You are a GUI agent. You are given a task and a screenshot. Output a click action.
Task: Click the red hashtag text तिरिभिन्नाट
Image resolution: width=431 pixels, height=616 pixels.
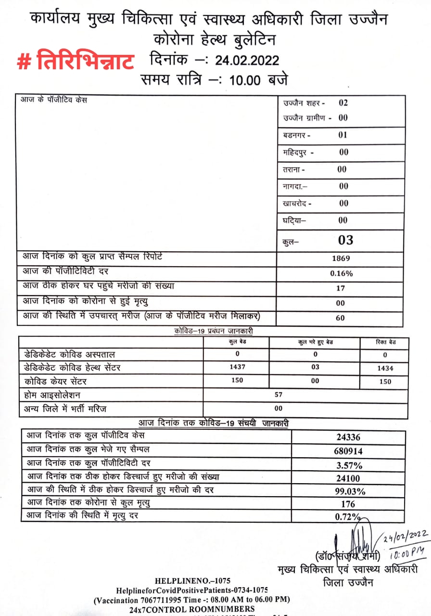[76, 62]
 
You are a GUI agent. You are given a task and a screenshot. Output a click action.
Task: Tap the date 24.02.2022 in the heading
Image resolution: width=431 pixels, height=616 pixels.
[247, 60]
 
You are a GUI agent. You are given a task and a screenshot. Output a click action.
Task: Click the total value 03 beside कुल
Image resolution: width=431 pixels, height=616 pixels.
[345, 239]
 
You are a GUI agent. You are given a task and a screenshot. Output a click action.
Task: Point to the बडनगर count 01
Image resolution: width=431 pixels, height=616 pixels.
[342, 135]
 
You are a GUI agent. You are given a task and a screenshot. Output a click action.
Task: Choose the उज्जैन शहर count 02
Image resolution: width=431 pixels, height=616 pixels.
[343, 103]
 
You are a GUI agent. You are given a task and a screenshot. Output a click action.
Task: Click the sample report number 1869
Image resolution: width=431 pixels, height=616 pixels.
[341, 258]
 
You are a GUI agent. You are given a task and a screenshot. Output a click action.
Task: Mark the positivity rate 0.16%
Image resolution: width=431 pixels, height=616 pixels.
[341, 273]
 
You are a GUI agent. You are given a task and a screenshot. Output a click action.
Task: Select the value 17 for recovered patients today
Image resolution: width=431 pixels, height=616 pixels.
[341, 288]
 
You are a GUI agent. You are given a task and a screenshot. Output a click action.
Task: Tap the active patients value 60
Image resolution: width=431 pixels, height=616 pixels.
[341, 318]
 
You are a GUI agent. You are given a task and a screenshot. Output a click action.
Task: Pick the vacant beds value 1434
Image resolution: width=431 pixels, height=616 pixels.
[385, 368]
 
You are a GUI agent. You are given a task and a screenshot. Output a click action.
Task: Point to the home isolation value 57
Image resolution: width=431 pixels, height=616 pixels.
[279, 395]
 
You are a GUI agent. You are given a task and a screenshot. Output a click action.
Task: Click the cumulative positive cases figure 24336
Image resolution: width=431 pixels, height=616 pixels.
[348, 437]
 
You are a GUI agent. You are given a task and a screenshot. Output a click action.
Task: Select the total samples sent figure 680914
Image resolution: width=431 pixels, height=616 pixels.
[348, 451]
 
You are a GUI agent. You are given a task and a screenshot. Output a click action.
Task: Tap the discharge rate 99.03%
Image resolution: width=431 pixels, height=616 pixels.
[348, 491]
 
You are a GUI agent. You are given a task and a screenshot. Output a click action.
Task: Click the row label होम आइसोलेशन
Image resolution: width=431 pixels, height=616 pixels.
[52, 395]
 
